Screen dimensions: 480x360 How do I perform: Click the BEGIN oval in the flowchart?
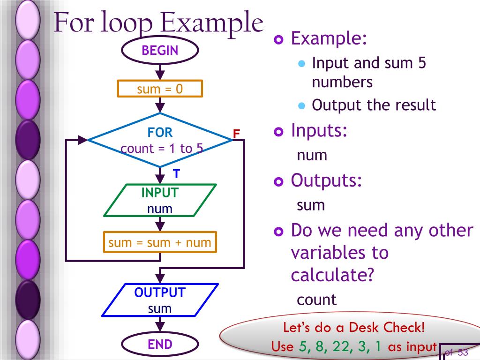[160, 50]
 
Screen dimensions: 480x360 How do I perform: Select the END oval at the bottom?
[160, 345]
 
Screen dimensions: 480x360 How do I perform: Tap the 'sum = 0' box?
[160, 89]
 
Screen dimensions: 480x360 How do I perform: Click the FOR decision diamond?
[160, 140]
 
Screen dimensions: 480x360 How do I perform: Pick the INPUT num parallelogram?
[160, 200]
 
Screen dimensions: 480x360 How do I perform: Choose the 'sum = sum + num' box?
[160, 243]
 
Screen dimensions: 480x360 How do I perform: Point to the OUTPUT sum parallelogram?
[160, 300]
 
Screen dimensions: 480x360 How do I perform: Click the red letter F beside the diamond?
[237, 134]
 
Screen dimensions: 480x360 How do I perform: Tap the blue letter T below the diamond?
[176, 174]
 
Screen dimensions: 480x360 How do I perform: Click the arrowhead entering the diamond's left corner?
[82, 140]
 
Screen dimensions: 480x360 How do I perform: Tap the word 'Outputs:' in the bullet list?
[326, 180]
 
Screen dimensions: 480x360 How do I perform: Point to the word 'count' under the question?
[316, 300]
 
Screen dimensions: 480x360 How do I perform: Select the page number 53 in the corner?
[463, 352]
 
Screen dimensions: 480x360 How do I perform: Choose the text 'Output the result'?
[374, 105]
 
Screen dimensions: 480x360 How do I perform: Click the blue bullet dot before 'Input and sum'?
[302, 63]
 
